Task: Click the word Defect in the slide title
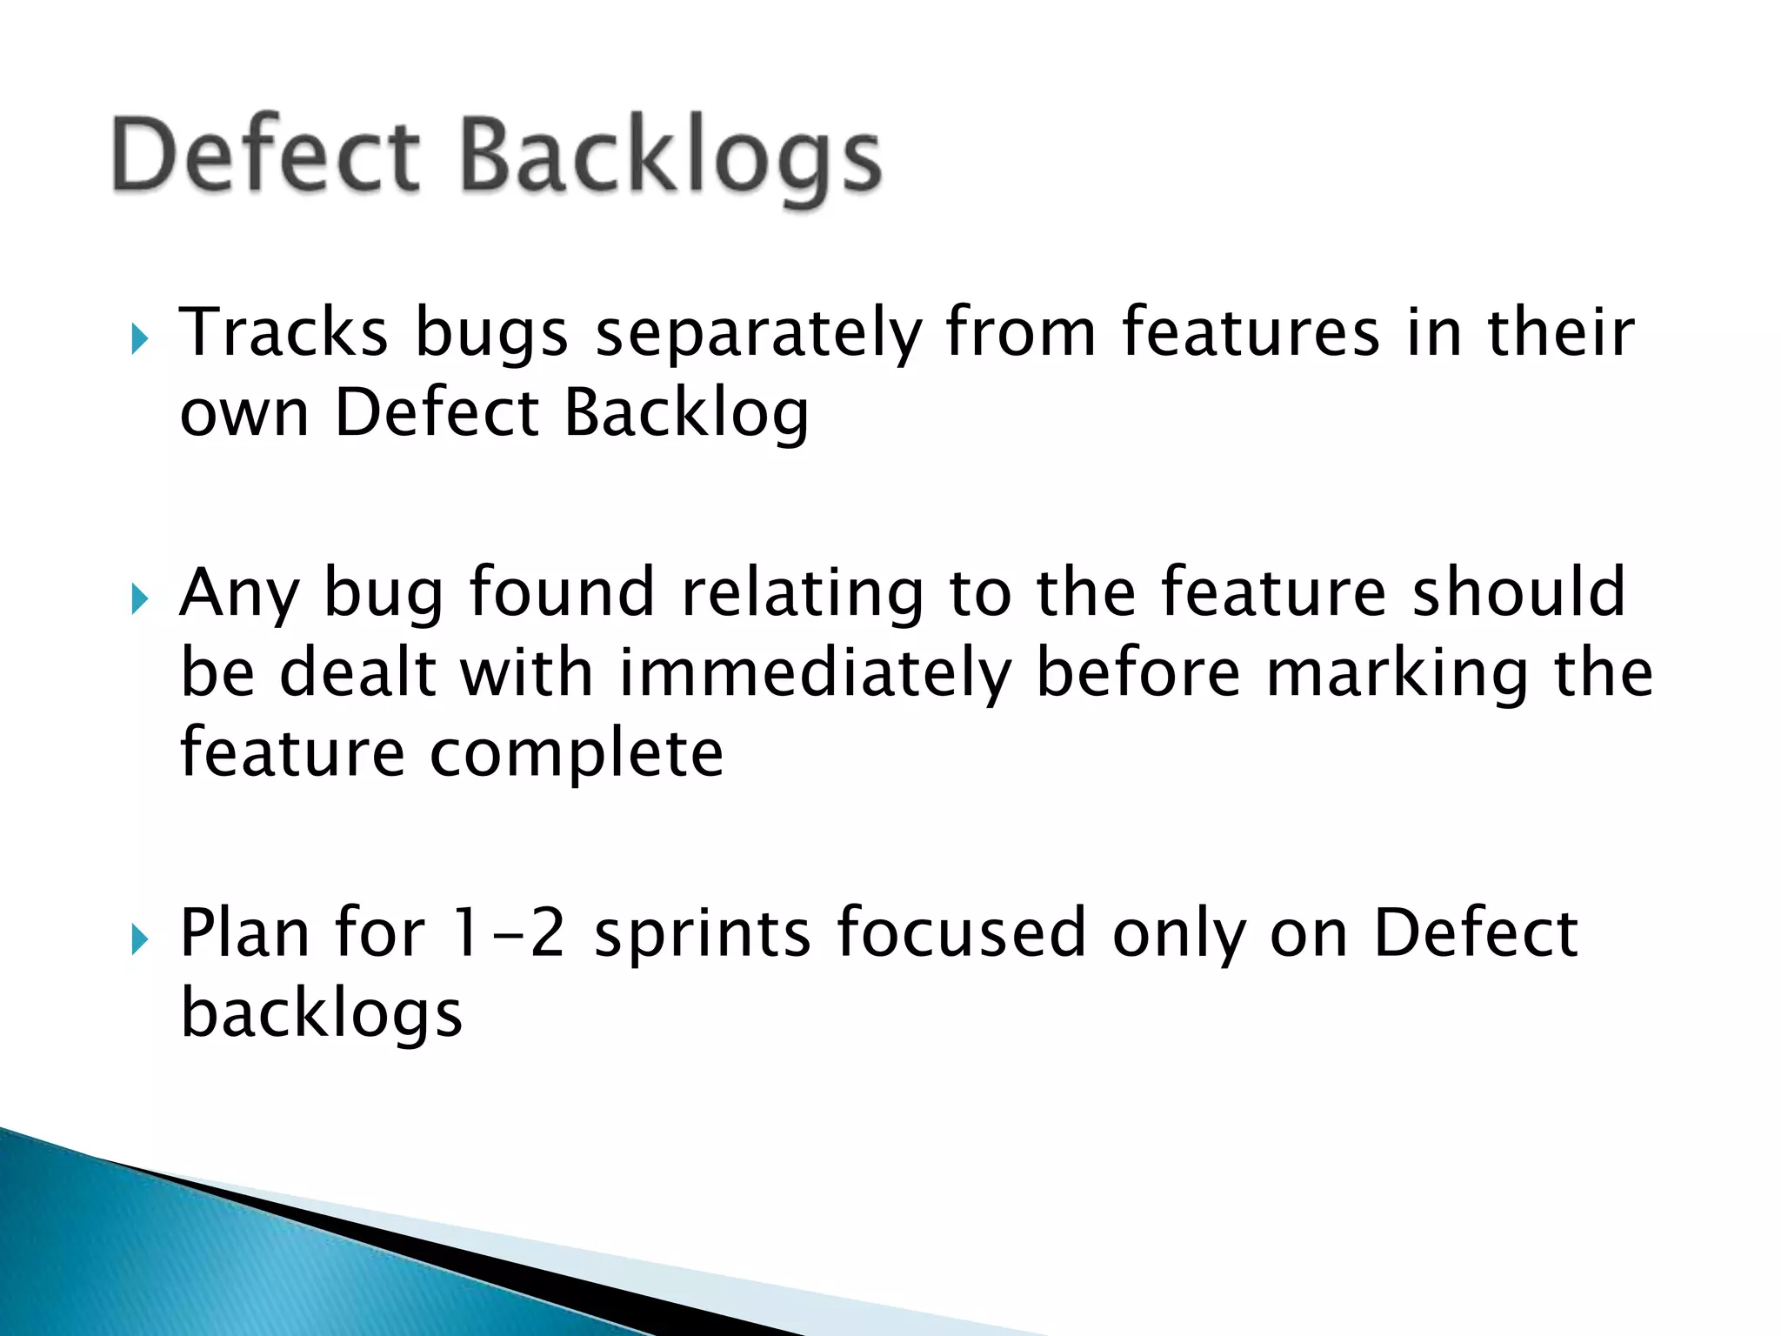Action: pyautogui.click(x=265, y=157)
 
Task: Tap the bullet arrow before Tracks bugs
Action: pyautogui.click(x=140, y=338)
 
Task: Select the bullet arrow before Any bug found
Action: pyautogui.click(x=140, y=598)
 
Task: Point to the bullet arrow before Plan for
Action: pyautogui.click(x=140, y=939)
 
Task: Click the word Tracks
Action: pyautogui.click(x=283, y=333)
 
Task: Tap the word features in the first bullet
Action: pyautogui.click(x=1251, y=333)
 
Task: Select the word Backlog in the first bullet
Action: pyautogui.click(x=686, y=413)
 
